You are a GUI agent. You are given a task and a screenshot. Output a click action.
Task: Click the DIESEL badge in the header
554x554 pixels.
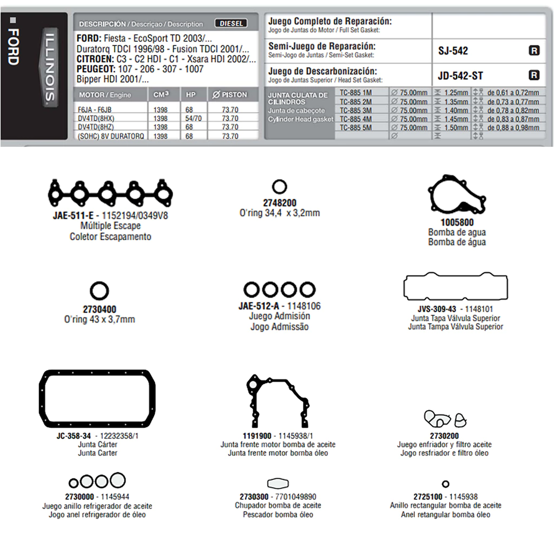click(x=231, y=24)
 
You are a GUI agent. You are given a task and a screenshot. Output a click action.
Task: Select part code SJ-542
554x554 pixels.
click(x=453, y=51)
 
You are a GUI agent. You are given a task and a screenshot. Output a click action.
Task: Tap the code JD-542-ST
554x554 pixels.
click(x=460, y=76)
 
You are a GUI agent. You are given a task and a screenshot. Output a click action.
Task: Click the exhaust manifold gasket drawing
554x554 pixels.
click(x=110, y=192)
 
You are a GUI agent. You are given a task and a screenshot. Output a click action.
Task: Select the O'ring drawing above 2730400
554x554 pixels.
click(x=100, y=292)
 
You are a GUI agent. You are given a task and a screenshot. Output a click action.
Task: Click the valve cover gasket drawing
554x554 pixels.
click(x=456, y=287)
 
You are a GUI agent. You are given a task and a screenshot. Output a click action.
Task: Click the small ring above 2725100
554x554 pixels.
click(x=445, y=484)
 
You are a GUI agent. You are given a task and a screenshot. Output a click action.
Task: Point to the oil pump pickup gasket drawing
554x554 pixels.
click(x=278, y=483)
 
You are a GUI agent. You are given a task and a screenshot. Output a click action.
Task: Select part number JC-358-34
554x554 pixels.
click(x=74, y=436)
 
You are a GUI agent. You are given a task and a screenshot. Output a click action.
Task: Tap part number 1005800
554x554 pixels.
click(x=457, y=222)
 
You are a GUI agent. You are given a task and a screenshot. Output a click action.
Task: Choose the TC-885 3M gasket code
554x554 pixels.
click(x=355, y=110)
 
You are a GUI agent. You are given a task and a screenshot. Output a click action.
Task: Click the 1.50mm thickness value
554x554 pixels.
click(x=456, y=128)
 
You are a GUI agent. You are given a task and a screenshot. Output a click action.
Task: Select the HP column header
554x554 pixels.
click(x=191, y=95)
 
